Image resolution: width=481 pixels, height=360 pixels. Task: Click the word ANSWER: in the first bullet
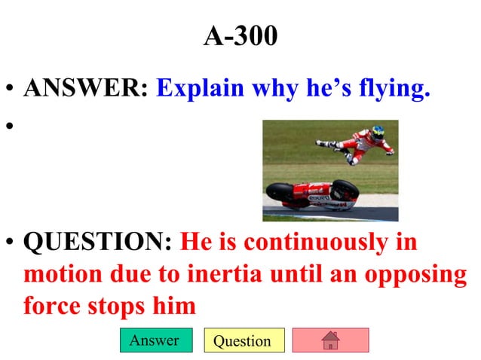coord(85,88)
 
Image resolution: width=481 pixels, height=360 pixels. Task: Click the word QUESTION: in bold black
coord(99,243)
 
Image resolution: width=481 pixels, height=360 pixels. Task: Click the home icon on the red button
coord(330,340)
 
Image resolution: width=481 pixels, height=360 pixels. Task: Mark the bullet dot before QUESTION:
coord(10,244)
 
